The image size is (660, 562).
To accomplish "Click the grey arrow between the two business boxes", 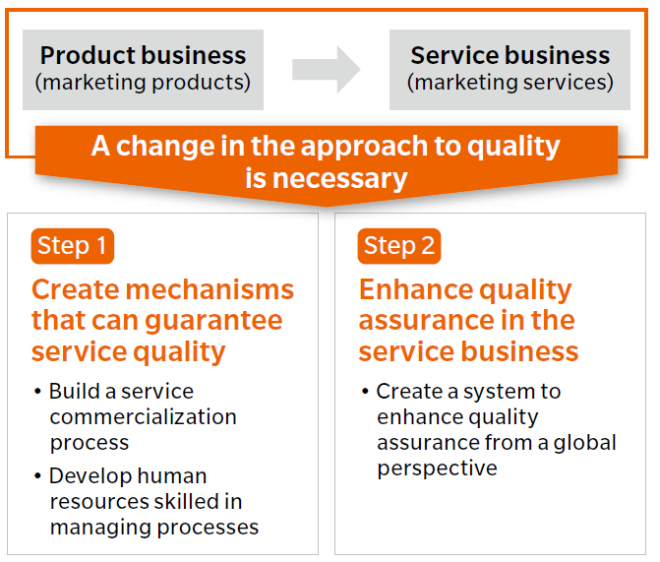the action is (327, 70).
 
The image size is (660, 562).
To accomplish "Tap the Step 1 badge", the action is (73, 246).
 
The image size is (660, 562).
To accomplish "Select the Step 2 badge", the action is (399, 246).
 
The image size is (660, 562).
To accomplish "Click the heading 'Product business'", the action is (143, 55).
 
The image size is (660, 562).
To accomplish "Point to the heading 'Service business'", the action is (510, 55).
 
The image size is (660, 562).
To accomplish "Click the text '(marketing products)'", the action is (143, 82).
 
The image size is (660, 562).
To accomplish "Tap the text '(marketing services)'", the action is (510, 82).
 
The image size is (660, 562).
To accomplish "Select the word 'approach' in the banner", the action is (364, 147).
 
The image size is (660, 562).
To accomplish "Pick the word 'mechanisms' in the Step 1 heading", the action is (210, 289).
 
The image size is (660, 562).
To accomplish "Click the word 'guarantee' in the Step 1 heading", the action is (213, 322).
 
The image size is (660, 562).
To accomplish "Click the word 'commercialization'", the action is (143, 417).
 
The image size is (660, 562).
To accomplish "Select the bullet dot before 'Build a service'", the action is (38, 392).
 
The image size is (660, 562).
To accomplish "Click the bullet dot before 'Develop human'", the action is (38, 476).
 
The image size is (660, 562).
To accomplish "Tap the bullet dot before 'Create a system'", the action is (365, 392).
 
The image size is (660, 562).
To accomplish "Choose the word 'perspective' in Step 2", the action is (438, 469).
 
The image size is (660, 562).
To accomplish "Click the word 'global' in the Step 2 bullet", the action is (584, 443).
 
